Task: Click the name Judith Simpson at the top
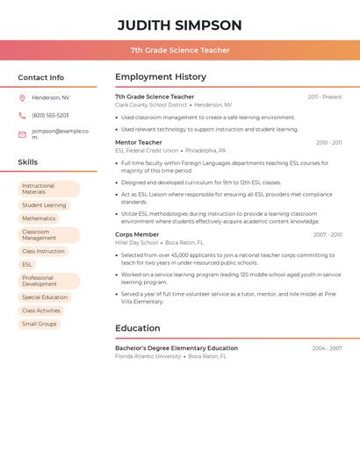180,25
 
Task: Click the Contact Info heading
40,77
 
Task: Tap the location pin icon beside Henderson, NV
22,97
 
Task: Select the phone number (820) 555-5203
50,115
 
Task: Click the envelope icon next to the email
22,134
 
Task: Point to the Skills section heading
28,162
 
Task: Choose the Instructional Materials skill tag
48,189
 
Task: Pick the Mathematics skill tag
39,218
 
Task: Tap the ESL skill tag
27,264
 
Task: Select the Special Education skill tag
45,297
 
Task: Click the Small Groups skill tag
40,324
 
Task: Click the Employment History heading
161,77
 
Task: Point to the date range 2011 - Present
325,97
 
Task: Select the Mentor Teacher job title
139,142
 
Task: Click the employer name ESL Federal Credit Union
147,151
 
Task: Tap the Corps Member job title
137,234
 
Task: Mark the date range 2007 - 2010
328,234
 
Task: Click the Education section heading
138,328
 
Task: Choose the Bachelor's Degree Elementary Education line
176,348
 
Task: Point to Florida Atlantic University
148,356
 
